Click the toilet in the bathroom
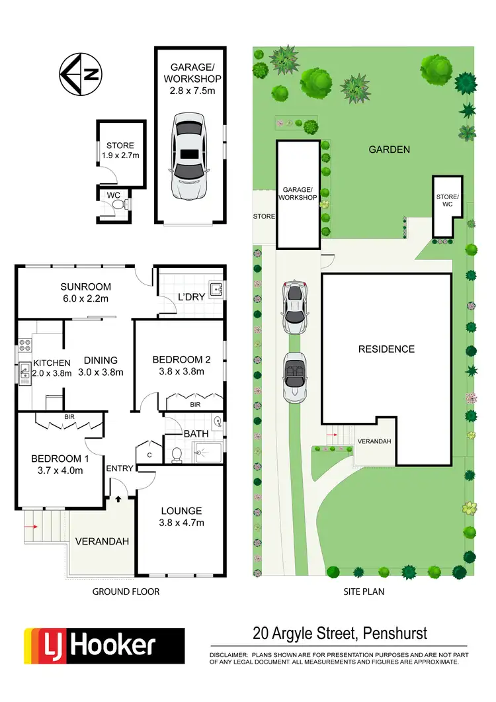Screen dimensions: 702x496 [x=176, y=455]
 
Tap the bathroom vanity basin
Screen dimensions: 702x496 [x=218, y=421]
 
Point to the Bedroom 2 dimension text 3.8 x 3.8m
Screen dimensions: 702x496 [x=181, y=372]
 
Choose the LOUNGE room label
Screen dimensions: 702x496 [x=181, y=511]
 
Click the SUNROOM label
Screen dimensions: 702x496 [x=85, y=287]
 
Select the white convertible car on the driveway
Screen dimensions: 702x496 [x=295, y=378]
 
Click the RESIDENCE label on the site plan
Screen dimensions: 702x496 [x=386, y=349]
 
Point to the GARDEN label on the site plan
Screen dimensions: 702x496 [x=389, y=150]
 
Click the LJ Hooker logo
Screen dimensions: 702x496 [x=104, y=645]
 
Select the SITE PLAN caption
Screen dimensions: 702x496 [x=364, y=592]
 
